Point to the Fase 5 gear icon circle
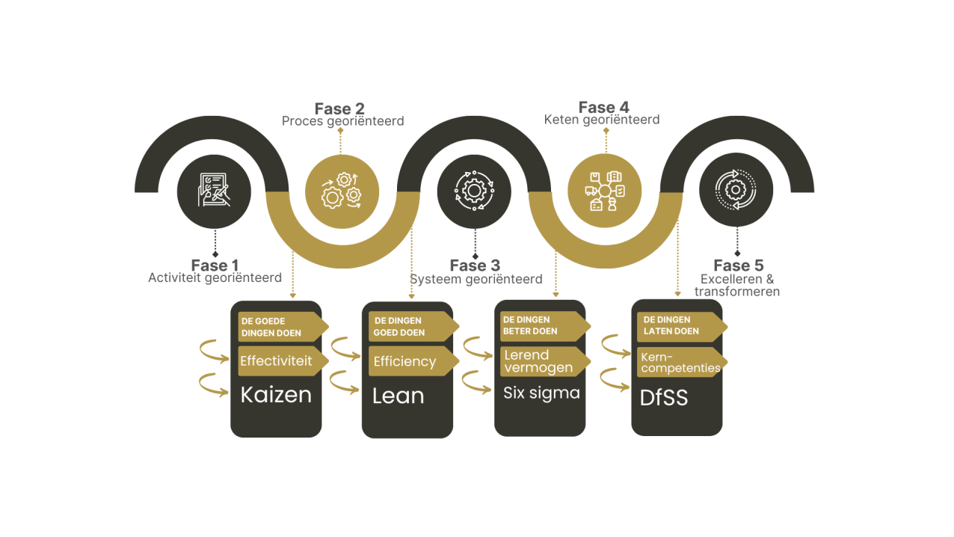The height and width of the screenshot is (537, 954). (x=736, y=190)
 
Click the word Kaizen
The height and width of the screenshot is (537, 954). (x=276, y=395)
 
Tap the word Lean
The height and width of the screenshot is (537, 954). (x=398, y=396)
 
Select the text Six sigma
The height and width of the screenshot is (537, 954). (x=541, y=393)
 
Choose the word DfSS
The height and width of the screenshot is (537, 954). (x=664, y=398)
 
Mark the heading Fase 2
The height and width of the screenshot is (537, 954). (x=339, y=108)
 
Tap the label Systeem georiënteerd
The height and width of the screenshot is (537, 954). (x=476, y=279)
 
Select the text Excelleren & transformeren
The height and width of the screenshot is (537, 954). (x=737, y=285)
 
